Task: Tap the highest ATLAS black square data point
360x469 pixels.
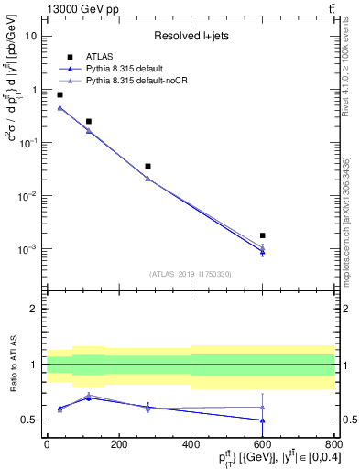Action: click(x=60, y=94)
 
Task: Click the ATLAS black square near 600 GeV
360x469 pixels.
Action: click(x=262, y=235)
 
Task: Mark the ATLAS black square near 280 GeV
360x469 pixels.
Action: click(x=147, y=166)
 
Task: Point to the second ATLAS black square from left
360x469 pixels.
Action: click(x=89, y=121)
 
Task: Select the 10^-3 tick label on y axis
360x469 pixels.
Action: click(x=28, y=249)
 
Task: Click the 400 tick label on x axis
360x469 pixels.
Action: click(x=191, y=445)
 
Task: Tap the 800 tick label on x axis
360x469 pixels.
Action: click(x=334, y=445)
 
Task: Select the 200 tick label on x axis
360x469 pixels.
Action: click(x=118, y=445)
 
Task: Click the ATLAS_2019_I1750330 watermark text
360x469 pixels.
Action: click(x=190, y=274)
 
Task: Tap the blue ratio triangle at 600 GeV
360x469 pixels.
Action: click(x=262, y=420)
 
